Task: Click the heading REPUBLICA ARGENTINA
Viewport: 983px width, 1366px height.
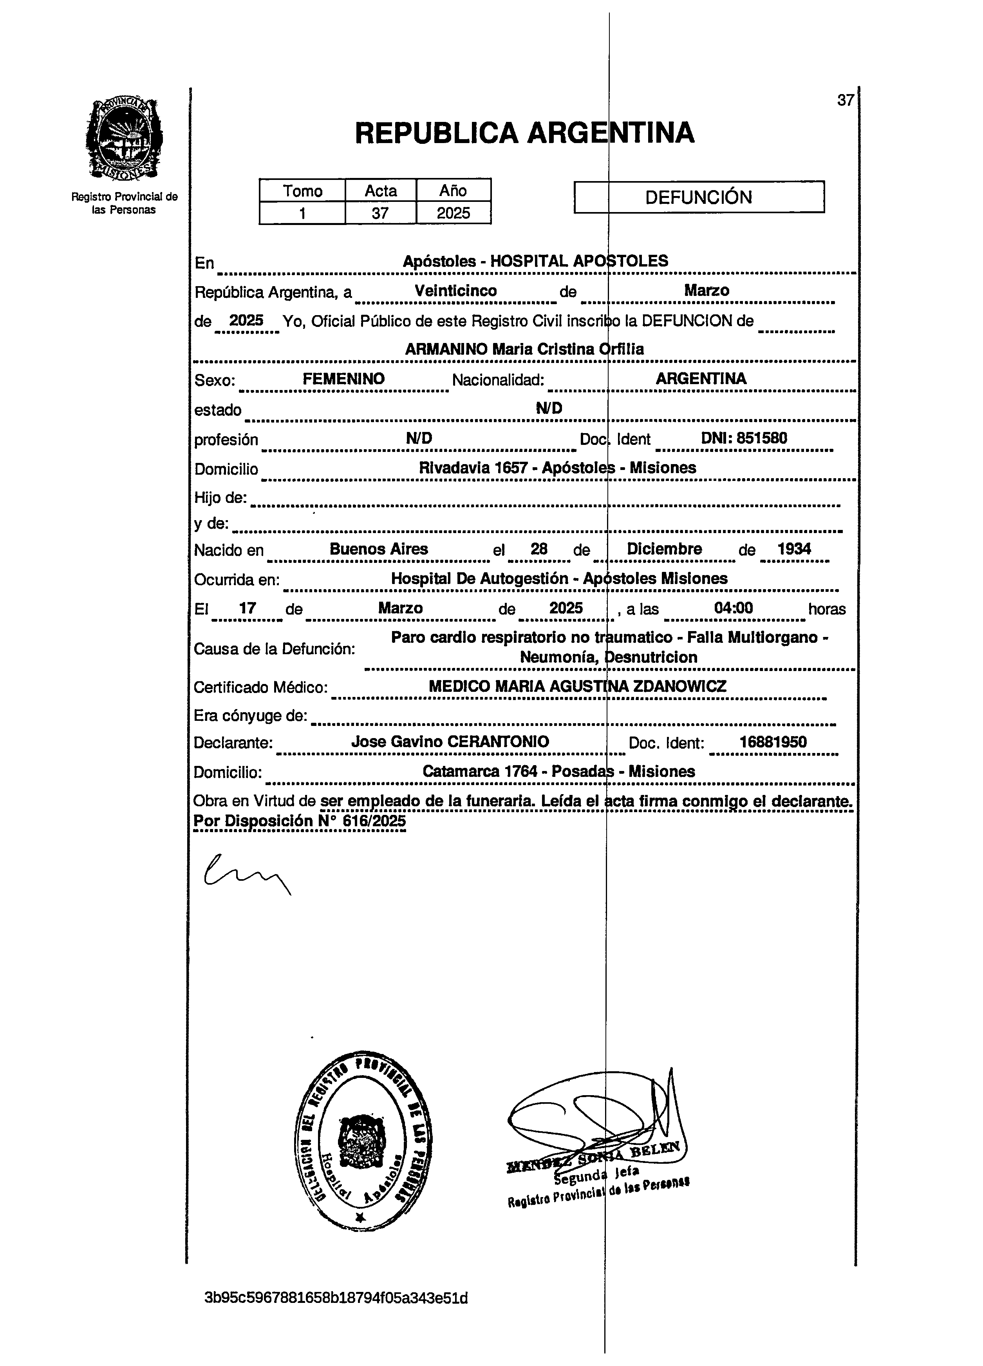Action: [x=524, y=132]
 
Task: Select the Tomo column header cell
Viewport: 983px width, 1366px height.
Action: [x=302, y=191]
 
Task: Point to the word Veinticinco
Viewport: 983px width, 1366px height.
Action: [x=456, y=291]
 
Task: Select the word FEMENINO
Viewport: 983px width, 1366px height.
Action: [x=344, y=379]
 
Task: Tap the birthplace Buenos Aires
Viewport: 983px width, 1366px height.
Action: [x=379, y=549]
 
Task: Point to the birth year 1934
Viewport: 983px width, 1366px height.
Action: [x=794, y=549]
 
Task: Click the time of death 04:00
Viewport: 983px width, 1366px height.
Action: [x=733, y=608]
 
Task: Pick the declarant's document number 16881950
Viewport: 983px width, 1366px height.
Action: [x=773, y=742]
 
